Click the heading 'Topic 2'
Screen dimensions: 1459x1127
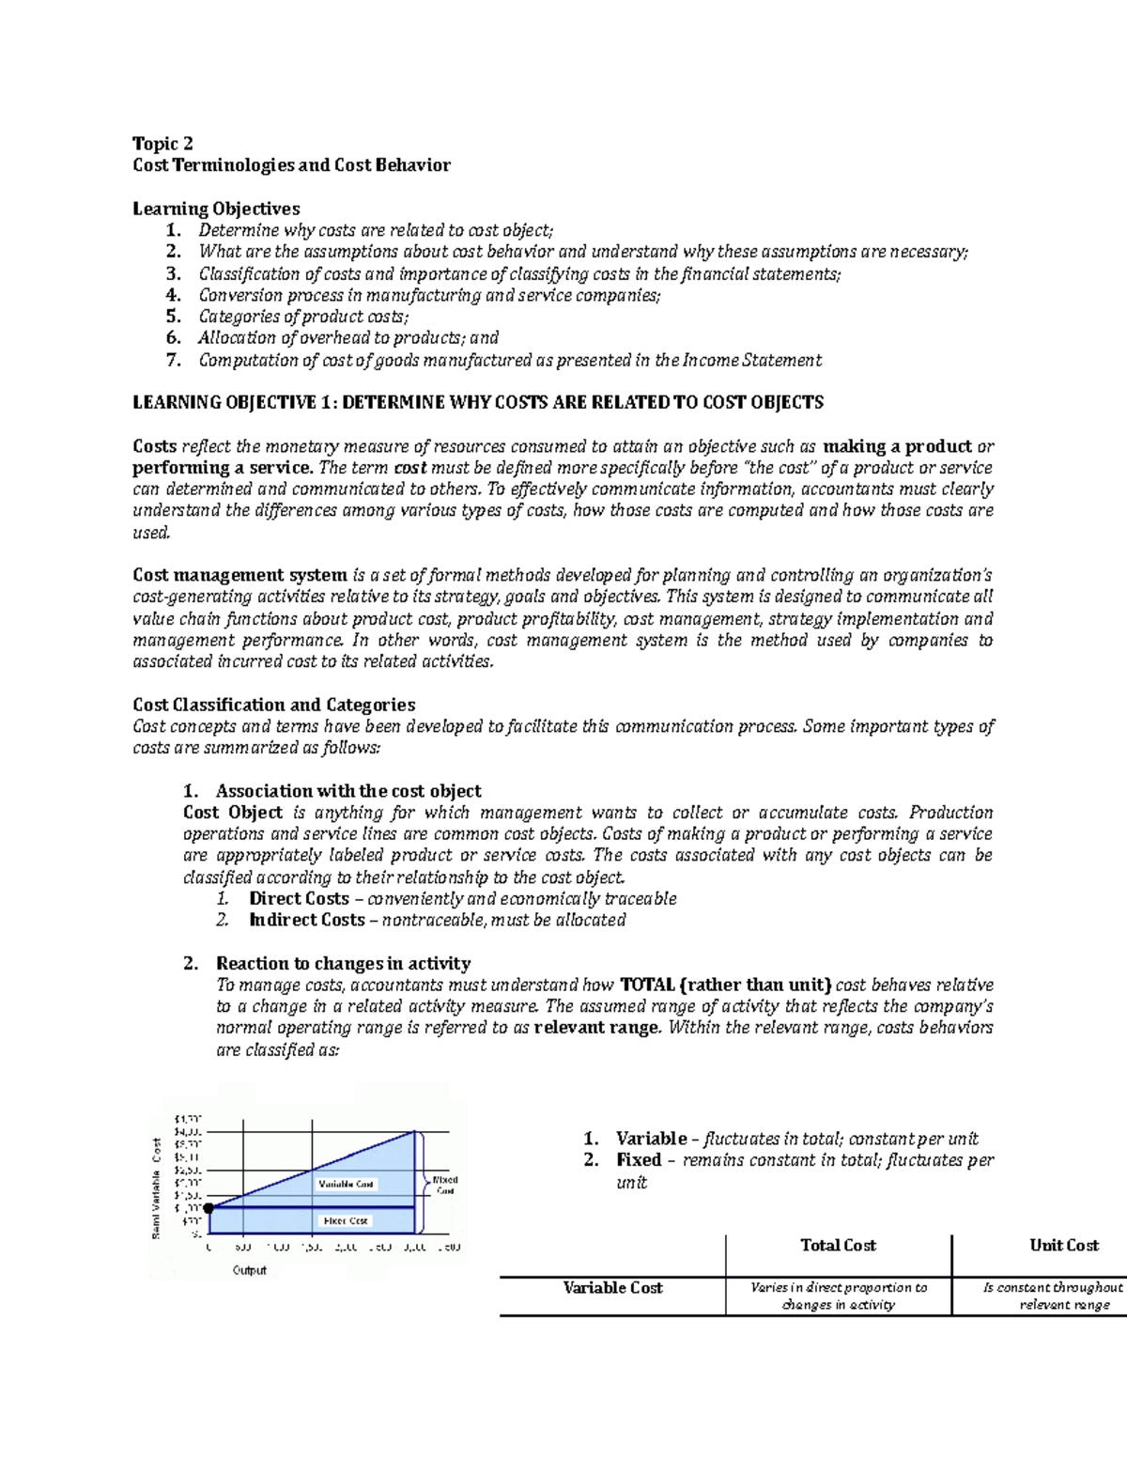tap(162, 144)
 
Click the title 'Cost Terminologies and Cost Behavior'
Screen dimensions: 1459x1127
tap(291, 165)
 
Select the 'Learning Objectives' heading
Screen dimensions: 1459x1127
tap(216, 209)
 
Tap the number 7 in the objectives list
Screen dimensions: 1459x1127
tap(172, 360)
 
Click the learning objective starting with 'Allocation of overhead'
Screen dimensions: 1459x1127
tap(347, 338)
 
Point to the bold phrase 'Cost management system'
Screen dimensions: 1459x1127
tap(239, 575)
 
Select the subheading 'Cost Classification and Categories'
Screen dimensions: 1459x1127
tap(273, 705)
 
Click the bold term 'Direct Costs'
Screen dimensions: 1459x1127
tap(299, 898)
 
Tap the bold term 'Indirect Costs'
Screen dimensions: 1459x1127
tap(307, 920)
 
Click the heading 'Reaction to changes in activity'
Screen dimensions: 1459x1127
tap(343, 963)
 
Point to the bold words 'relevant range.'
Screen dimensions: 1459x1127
tap(597, 1028)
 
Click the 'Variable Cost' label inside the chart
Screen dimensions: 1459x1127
tap(346, 1184)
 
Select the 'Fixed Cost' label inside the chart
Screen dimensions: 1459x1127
tap(346, 1220)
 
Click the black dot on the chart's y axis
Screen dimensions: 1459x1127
tap(208, 1207)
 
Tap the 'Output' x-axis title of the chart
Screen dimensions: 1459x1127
tap(249, 1270)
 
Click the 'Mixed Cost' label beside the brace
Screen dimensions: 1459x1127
tap(444, 1185)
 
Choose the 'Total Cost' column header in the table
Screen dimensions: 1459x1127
tap(838, 1246)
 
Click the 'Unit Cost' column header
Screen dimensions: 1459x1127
tap(1063, 1246)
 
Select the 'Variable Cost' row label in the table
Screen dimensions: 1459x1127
tap(612, 1288)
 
